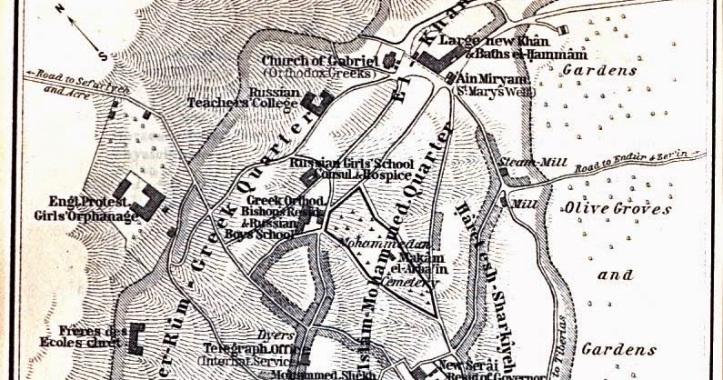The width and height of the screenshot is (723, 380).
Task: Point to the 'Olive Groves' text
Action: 618,208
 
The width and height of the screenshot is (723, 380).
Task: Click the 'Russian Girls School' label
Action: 338,163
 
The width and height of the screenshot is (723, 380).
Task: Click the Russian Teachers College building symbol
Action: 317,103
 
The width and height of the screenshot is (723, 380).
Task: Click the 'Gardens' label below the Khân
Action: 586,70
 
